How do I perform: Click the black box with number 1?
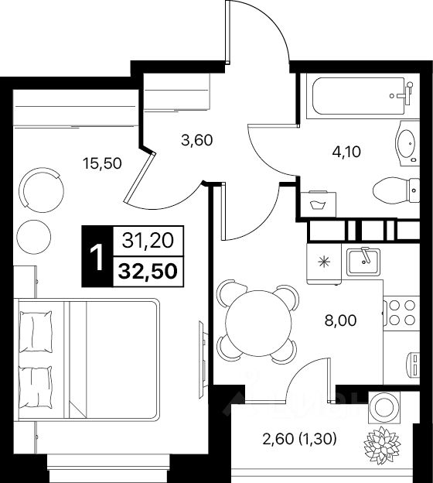[97, 256]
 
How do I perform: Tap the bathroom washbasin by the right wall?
[405, 143]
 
